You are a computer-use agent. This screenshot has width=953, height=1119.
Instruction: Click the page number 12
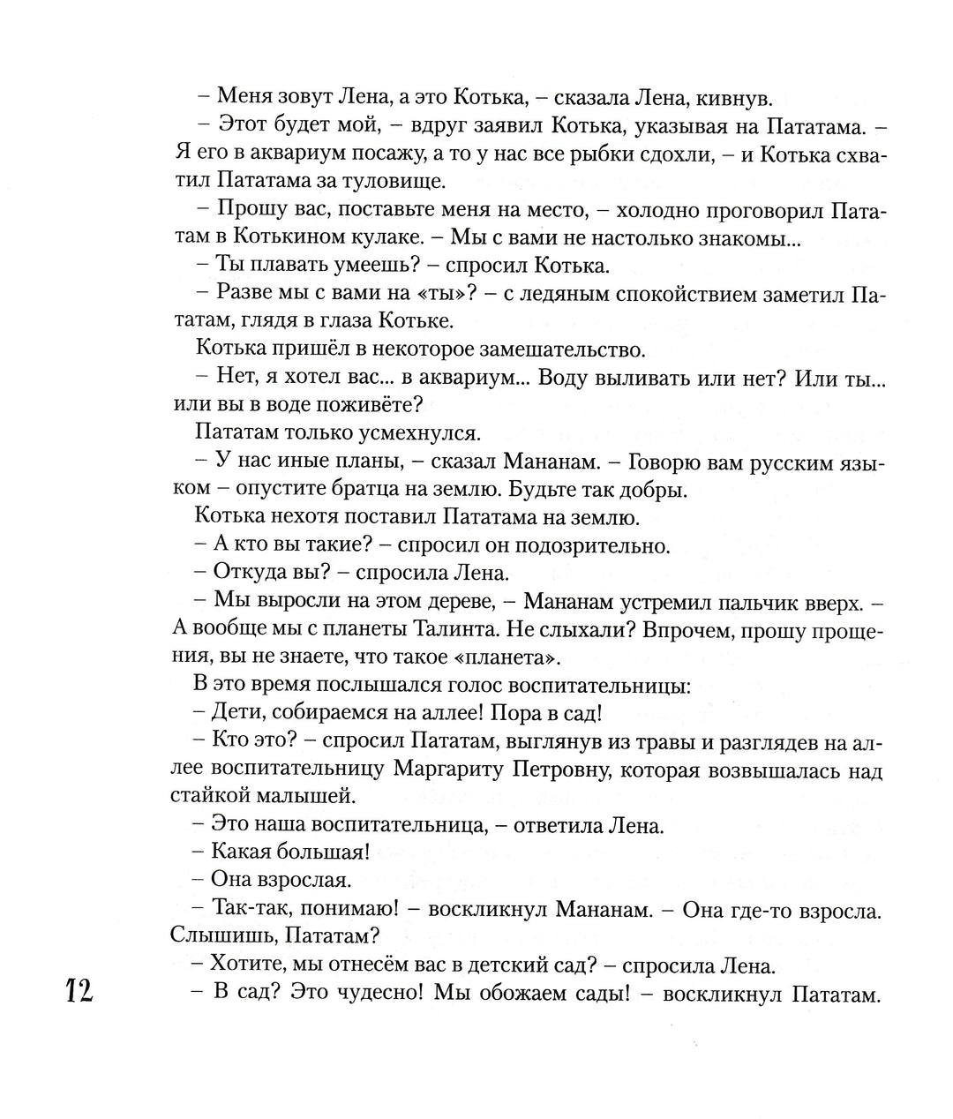point(78,991)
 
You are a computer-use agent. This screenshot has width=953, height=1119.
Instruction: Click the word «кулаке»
point(389,237)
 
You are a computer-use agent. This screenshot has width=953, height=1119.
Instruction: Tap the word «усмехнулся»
point(419,433)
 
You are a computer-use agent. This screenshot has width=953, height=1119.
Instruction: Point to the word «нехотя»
point(298,517)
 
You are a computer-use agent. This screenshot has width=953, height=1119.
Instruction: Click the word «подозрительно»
point(592,545)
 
